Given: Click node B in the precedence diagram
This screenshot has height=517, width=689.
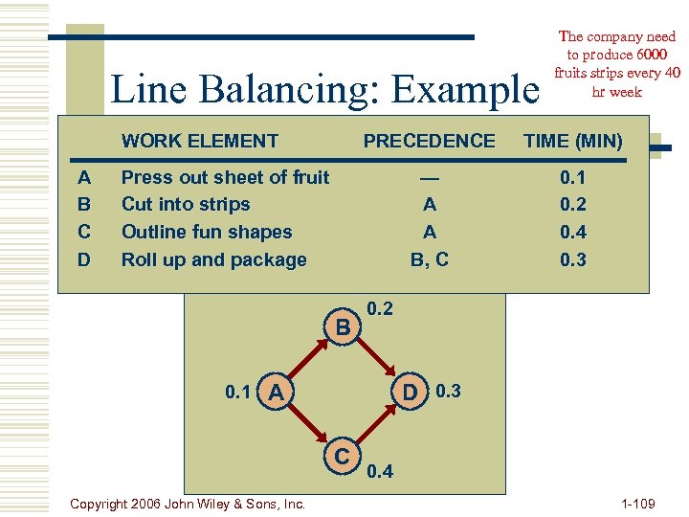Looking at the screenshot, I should pyautogui.click(x=342, y=326).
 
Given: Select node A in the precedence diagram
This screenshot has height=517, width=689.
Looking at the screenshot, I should pyautogui.click(x=276, y=392).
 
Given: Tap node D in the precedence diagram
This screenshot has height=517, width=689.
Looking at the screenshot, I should pyautogui.click(x=411, y=392).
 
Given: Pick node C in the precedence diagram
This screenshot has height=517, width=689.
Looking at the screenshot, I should pyautogui.click(x=343, y=454).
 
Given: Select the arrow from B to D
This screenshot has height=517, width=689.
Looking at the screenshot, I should pyautogui.click(x=377, y=358).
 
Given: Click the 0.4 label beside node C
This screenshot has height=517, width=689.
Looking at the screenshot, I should pyautogui.click(x=379, y=471).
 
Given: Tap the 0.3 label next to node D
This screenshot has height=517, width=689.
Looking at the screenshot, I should pyautogui.click(x=448, y=391).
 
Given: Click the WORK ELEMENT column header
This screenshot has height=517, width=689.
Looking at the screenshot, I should pyautogui.click(x=200, y=142).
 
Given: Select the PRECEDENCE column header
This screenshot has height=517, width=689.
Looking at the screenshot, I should pyautogui.click(x=430, y=142).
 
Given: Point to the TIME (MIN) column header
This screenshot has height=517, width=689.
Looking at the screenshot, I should pyautogui.click(x=573, y=142).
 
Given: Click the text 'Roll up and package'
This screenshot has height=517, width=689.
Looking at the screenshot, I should pyautogui.click(x=214, y=259).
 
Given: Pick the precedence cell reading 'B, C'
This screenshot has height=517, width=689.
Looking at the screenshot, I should pyautogui.click(x=430, y=259).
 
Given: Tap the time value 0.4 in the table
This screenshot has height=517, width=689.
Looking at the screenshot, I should pyautogui.click(x=573, y=232).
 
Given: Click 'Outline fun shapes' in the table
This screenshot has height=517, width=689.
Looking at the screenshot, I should pyautogui.click(x=207, y=232).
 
